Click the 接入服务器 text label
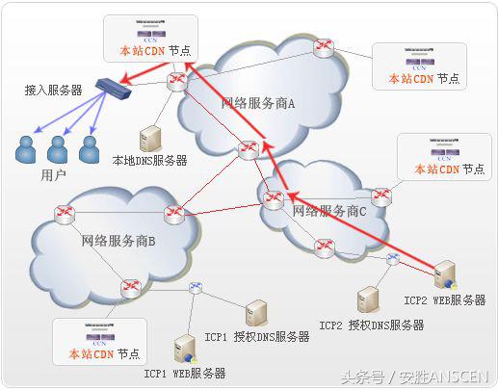(x=53, y=90)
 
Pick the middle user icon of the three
(x=58, y=148)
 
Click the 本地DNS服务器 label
(x=150, y=160)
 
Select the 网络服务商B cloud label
(x=118, y=240)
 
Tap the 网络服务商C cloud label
(x=329, y=210)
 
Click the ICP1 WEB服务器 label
(x=185, y=373)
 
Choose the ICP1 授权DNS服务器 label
(x=257, y=337)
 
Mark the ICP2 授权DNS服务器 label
(x=372, y=325)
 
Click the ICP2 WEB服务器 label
(x=444, y=300)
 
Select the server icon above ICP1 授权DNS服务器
(x=256, y=313)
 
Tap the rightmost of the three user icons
(x=89, y=148)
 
